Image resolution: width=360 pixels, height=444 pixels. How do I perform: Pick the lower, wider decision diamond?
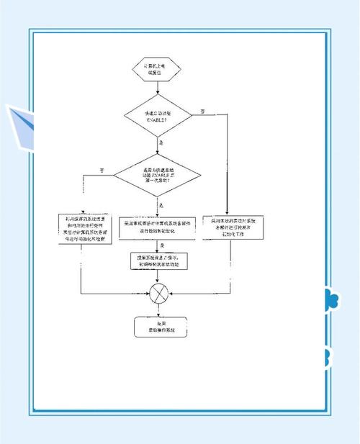156,174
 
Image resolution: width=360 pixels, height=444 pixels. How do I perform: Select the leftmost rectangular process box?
85,230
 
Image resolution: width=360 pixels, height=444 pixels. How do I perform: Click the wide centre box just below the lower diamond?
156,226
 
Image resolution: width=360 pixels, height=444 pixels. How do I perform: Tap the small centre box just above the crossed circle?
156,260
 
